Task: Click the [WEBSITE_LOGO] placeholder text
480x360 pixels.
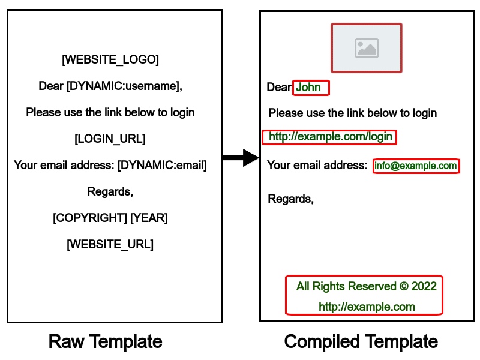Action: [x=110, y=59]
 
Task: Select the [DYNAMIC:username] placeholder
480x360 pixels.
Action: [x=123, y=86]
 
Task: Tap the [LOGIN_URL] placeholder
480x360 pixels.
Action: [x=110, y=139]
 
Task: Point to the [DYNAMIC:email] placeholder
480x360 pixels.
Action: [x=162, y=165]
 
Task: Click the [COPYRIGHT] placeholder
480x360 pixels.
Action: [x=90, y=218]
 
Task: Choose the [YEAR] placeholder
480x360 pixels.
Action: [x=149, y=218]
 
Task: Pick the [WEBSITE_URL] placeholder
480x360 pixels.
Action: [x=110, y=244]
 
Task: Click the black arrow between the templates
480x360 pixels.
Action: [x=240, y=158]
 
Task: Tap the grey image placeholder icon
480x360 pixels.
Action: [x=366, y=48]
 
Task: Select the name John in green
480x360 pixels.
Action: [x=308, y=88]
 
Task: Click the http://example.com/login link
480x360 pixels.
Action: [x=330, y=137]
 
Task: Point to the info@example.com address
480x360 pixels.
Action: [x=416, y=166]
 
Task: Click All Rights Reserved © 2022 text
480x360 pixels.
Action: [x=366, y=286]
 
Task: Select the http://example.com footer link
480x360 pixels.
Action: [x=367, y=307]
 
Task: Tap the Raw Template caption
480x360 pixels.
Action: [x=105, y=342]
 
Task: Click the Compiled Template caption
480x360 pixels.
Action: [x=361, y=342]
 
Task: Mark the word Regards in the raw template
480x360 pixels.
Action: [x=110, y=191]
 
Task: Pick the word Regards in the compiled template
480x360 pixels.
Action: [x=290, y=199]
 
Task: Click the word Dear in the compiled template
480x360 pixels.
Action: [x=278, y=88]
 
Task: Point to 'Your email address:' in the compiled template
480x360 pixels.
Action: [x=317, y=165]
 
